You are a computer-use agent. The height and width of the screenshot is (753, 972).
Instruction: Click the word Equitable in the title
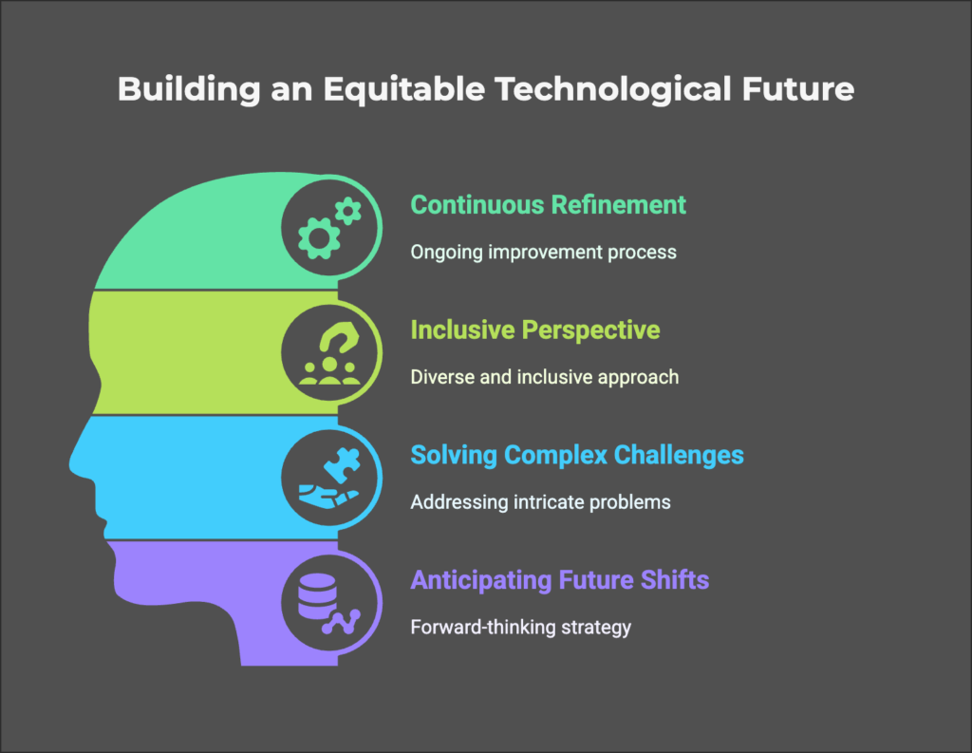pyautogui.click(x=404, y=89)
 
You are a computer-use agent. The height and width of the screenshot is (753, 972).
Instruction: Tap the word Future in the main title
pyautogui.click(x=797, y=88)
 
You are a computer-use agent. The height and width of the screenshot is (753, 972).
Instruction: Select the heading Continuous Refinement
pyautogui.click(x=548, y=205)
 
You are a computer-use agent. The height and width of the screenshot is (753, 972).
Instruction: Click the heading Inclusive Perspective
pyautogui.click(x=535, y=330)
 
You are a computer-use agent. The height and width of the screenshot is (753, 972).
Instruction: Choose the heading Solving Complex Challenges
pyautogui.click(x=577, y=455)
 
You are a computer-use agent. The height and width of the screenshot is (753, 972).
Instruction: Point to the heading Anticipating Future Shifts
pyautogui.click(x=560, y=580)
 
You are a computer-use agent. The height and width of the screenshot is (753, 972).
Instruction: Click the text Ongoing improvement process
pyautogui.click(x=543, y=253)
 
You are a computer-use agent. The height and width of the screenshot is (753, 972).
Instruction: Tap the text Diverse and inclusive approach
pyautogui.click(x=544, y=377)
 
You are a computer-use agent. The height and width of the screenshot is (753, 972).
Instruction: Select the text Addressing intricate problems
pyautogui.click(x=540, y=501)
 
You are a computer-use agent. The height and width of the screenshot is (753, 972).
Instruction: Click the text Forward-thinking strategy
pyautogui.click(x=521, y=627)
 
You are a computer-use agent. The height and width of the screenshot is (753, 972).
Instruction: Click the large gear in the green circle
pyautogui.click(x=319, y=238)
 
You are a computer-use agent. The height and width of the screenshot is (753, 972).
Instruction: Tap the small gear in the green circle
pyautogui.click(x=348, y=212)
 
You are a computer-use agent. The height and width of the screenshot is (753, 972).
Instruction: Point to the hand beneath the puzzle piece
pyautogui.click(x=327, y=498)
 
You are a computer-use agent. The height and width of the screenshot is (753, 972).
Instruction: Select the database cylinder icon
pyautogui.click(x=317, y=596)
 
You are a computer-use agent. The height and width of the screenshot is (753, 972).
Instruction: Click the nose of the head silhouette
pyautogui.click(x=78, y=462)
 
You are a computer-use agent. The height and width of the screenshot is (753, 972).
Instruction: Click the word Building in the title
pyautogui.click(x=189, y=89)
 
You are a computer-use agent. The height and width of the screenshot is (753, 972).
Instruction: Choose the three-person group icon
pyautogui.click(x=329, y=371)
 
